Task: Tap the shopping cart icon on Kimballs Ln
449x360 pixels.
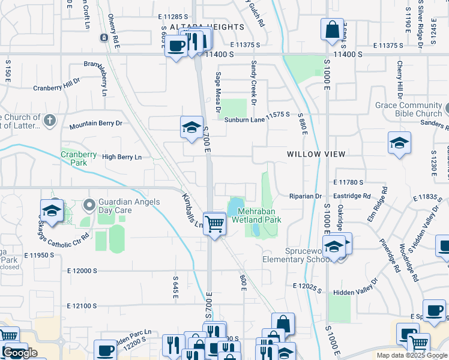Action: [x=214, y=224]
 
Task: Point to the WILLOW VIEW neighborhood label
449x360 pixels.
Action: [x=316, y=154]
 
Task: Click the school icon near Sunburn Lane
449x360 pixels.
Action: [x=191, y=128]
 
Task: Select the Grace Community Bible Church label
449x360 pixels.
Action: [x=408, y=109]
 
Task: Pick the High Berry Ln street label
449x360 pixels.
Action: [x=122, y=157]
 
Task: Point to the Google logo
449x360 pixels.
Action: [x=19, y=353]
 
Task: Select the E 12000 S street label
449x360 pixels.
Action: [x=79, y=271]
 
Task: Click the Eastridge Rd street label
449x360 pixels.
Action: [x=353, y=196]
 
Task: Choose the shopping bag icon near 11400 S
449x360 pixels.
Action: [x=331, y=29]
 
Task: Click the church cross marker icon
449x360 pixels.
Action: [x=49, y=122]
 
